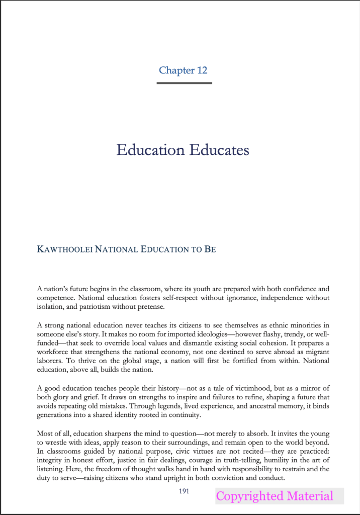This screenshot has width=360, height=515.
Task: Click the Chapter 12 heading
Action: (183, 70)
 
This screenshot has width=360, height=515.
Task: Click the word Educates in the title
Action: (219, 150)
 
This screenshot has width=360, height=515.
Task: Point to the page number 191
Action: (184, 491)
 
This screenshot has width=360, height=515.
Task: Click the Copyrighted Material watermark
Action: (275, 496)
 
